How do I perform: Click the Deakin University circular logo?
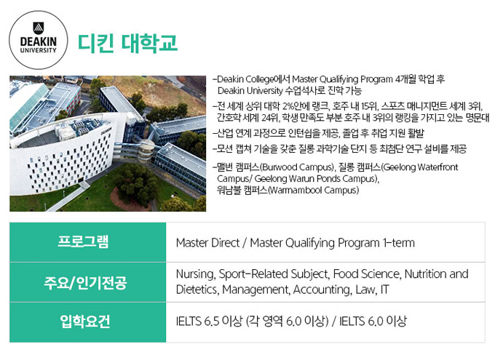pyautogui.click(x=38, y=40)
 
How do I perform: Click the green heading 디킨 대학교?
pyautogui.click(x=127, y=43)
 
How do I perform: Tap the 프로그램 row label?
pyautogui.click(x=83, y=241)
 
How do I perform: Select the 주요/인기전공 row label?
pyautogui.click(x=85, y=282)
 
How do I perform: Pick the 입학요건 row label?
pyautogui.click(x=85, y=321)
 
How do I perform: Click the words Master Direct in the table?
pyautogui.click(x=207, y=243)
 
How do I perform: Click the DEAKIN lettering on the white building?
pyautogui.click(x=106, y=131)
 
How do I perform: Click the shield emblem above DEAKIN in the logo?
pyautogui.click(x=38, y=28)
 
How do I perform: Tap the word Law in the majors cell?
pyautogui.click(x=366, y=289)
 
